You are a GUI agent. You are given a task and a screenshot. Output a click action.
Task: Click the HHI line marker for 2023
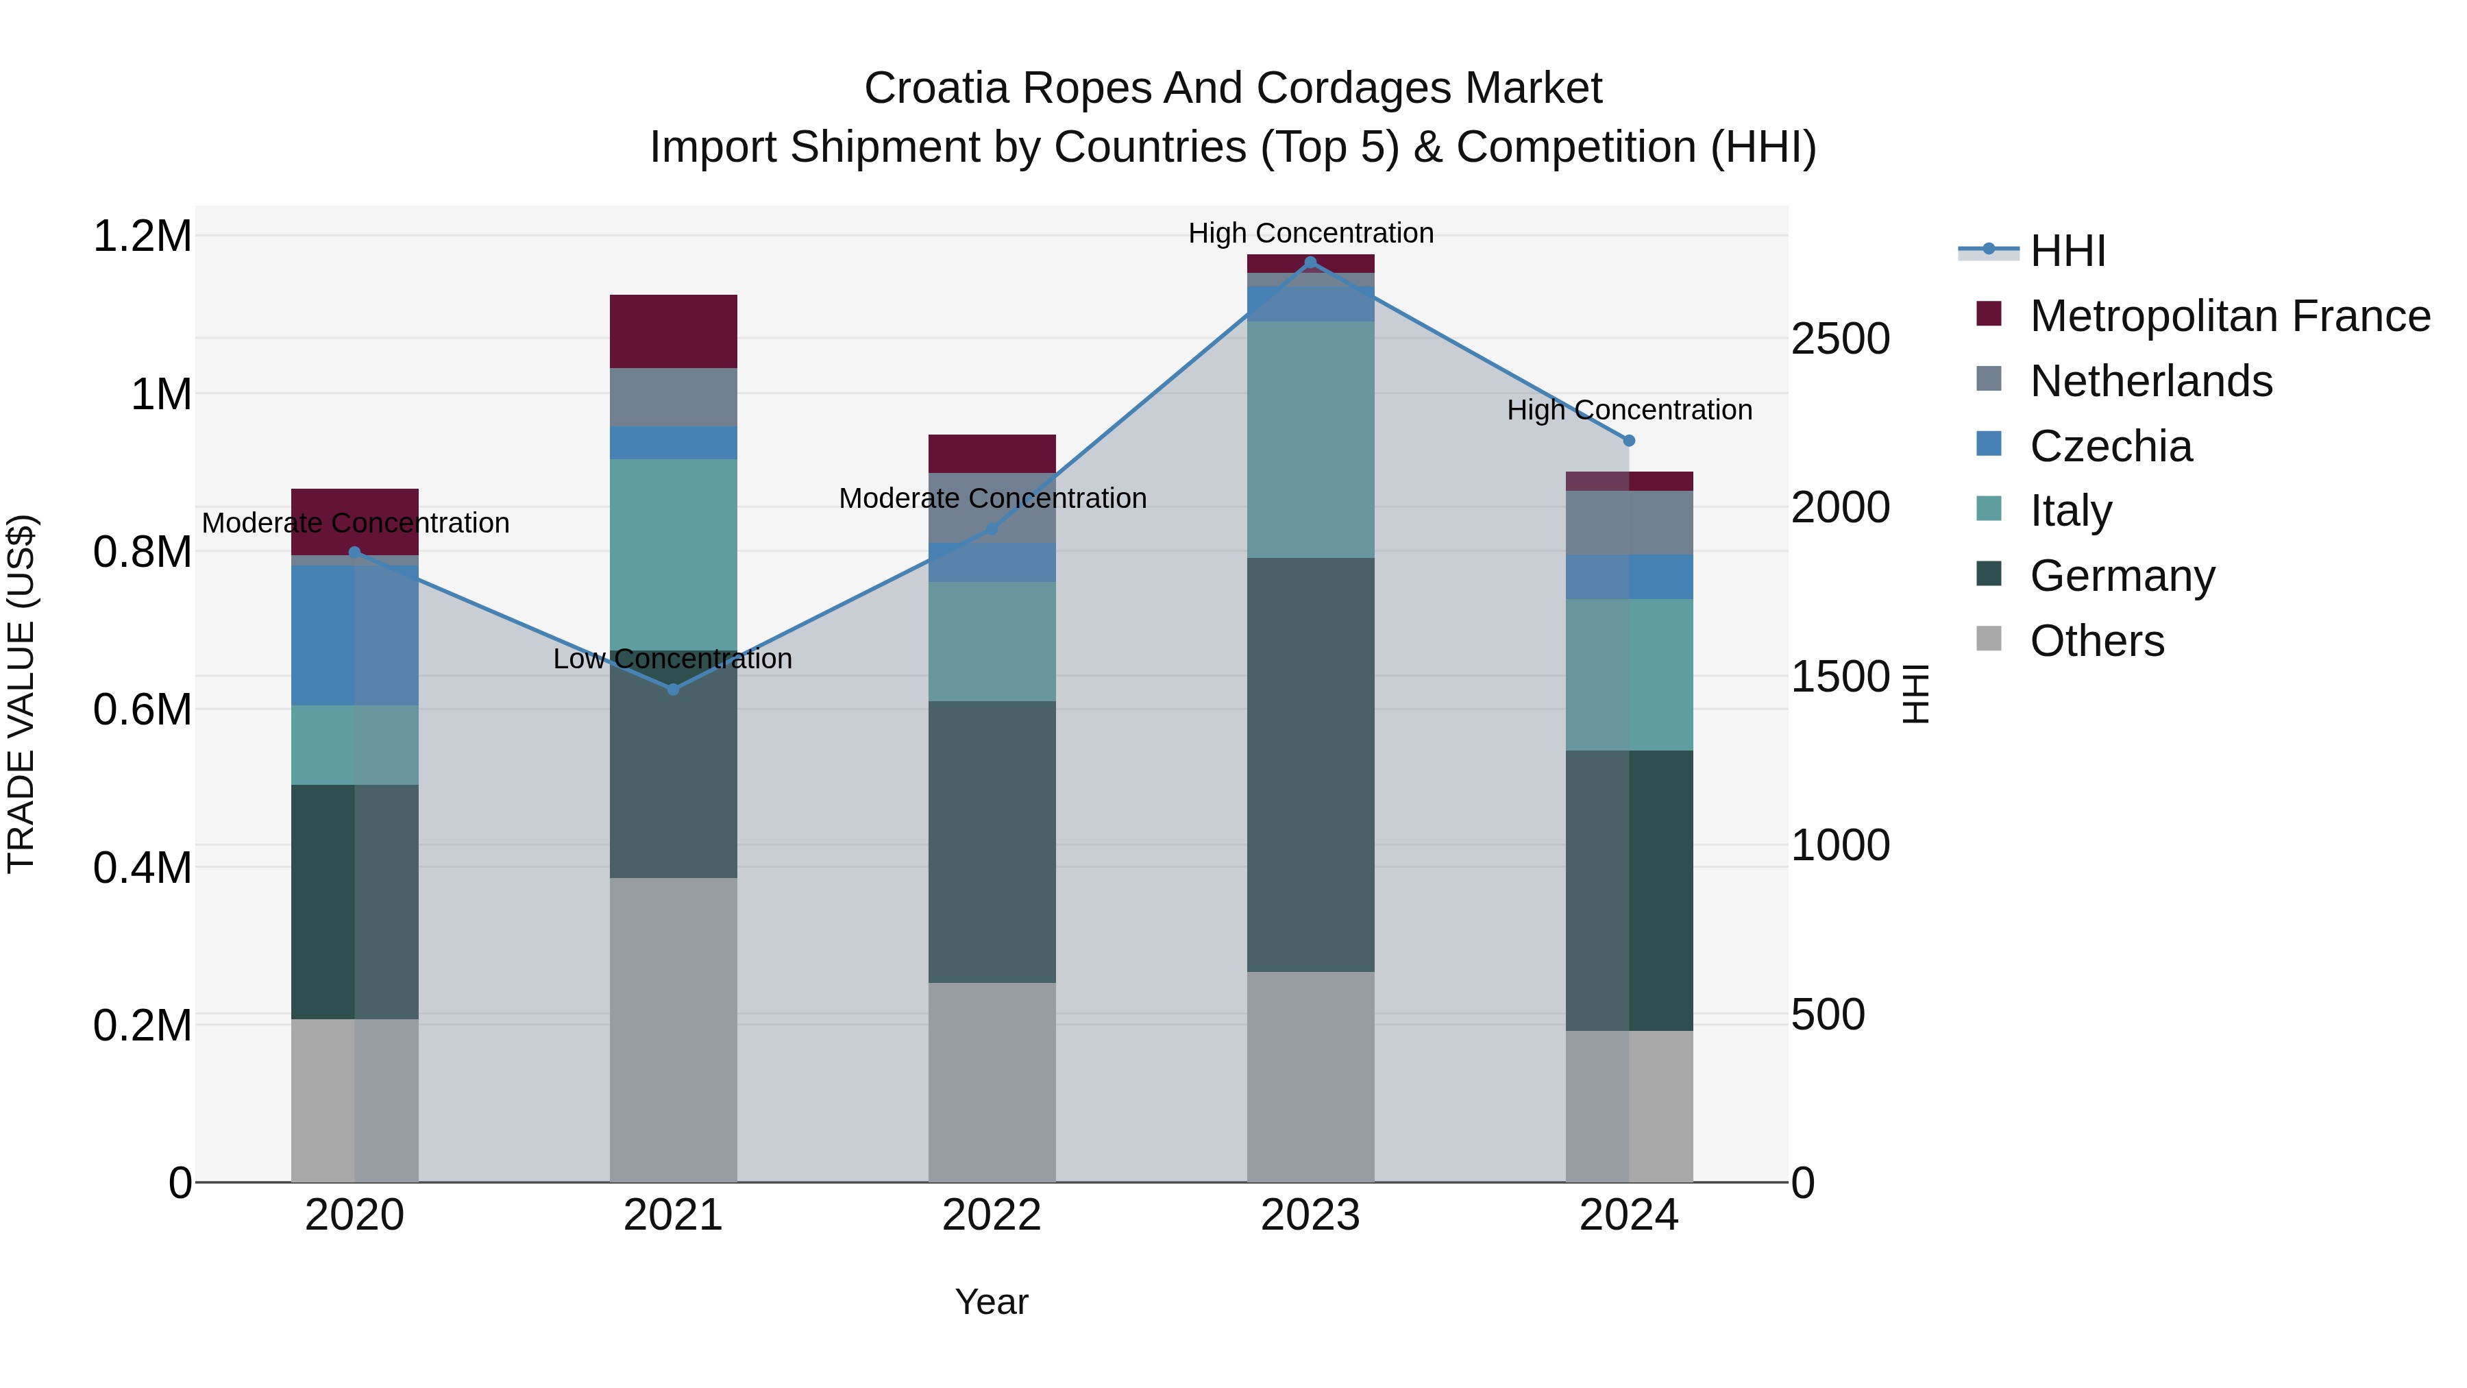tap(1310, 263)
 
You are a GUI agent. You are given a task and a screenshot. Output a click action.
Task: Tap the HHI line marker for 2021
tap(673, 689)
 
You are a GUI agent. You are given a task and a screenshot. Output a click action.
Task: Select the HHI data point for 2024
tap(1629, 441)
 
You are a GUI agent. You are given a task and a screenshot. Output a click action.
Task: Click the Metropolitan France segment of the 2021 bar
tap(673, 332)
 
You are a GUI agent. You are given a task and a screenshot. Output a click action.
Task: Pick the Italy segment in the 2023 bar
tap(1310, 439)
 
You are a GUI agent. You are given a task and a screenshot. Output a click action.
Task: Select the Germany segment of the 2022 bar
tap(992, 841)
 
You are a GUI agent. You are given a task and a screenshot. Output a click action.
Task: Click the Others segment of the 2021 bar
tap(673, 1030)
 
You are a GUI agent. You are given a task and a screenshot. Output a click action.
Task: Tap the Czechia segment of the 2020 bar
tap(354, 635)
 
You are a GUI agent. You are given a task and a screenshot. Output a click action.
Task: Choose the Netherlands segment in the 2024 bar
tap(1629, 522)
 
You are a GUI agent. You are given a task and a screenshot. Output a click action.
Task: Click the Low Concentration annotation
tap(673, 659)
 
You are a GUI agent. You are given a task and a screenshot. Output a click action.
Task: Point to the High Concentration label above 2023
tap(1310, 233)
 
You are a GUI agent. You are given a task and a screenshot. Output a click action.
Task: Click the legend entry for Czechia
tap(2111, 446)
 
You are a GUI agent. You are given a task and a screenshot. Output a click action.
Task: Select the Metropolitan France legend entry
tap(2229, 316)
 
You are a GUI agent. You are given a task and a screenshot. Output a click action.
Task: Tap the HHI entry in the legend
tap(2067, 251)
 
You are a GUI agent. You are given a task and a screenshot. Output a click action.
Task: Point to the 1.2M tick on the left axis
tap(143, 236)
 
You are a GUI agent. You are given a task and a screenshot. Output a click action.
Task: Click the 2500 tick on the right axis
tap(1840, 339)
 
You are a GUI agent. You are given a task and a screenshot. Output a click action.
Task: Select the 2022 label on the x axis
tap(992, 1215)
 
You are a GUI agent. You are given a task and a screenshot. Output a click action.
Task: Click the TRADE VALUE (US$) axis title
tap(21, 694)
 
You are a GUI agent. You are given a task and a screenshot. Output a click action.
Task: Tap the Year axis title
tap(992, 1302)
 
